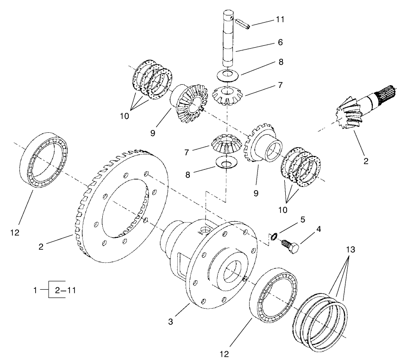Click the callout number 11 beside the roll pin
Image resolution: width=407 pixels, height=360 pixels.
point(280,19)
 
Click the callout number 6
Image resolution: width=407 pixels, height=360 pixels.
point(279,42)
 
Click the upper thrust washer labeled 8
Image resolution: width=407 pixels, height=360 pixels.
point(226,74)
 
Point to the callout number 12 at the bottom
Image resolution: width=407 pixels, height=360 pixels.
point(225,354)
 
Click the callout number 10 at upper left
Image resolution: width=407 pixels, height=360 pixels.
point(124,116)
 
